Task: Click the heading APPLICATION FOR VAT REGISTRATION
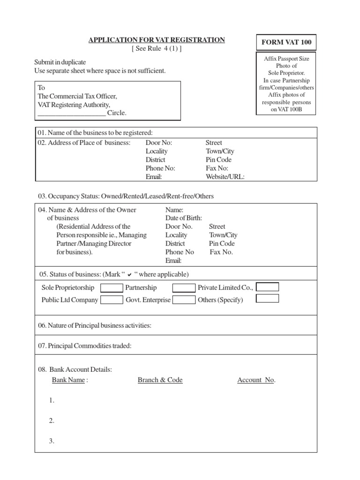point(157,40)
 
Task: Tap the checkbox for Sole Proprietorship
point(112,288)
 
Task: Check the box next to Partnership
point(184,288)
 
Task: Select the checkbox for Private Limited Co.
point(268,287)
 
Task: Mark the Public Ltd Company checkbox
point(112,300)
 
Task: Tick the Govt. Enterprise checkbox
point(184,300)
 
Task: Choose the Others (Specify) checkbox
point(268,298)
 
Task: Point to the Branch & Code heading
point(160,380)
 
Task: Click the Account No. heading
point(256,380)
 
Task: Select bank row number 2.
point(52,421)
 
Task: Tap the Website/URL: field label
point(225,177)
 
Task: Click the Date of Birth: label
point(184,218)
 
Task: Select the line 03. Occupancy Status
point(126,196)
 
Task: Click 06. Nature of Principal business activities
point(95,326)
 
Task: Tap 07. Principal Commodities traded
point(85,346)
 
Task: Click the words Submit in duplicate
point(60,62)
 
